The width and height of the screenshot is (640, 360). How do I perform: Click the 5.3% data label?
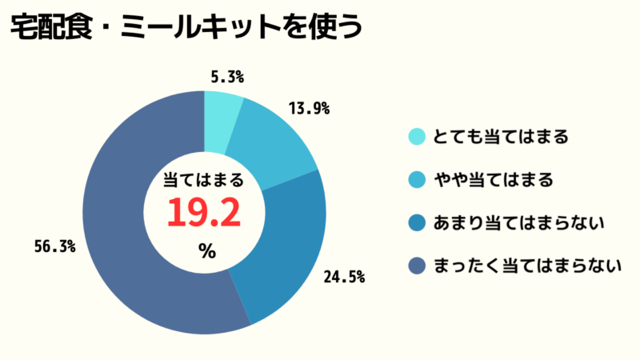click(227, 78)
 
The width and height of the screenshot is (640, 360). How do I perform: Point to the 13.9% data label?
click(309, 109)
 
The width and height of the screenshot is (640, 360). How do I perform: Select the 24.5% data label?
click(344, 278)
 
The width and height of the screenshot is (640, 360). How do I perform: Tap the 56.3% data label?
click(55, 246)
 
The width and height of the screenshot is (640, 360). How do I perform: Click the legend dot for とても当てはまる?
click(416, 137)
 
